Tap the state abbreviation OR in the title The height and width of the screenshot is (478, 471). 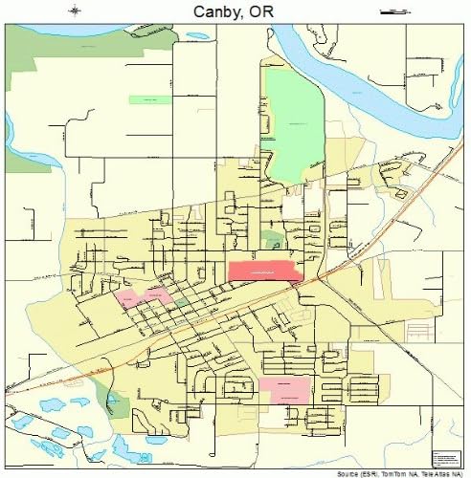(266, 11)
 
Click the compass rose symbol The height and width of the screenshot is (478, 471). (76, 11)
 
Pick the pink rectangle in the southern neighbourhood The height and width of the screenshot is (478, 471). (284, 389)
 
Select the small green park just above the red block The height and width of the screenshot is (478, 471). (273, 239)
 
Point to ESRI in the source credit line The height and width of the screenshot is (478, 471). (360, 473)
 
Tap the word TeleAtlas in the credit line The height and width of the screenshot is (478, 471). (429, 473)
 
